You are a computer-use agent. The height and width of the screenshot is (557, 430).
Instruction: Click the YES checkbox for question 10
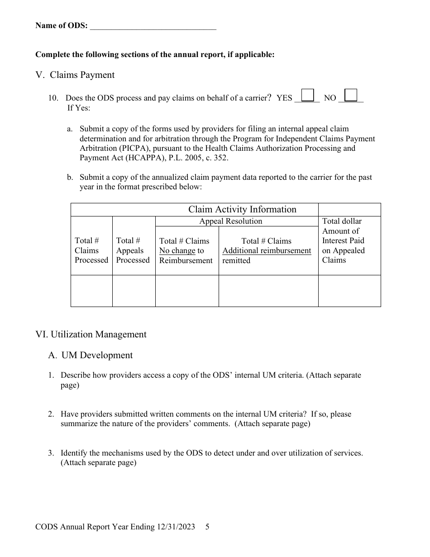308,95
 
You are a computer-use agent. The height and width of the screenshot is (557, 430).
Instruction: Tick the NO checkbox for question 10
351,95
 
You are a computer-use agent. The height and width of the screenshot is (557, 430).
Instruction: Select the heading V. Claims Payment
75,75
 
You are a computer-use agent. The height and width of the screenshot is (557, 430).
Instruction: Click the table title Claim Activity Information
242,209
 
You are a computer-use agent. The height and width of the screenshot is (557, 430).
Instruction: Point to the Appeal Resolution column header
231,221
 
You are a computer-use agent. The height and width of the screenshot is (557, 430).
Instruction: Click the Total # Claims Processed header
91,250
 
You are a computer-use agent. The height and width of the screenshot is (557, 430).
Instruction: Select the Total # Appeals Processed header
133,250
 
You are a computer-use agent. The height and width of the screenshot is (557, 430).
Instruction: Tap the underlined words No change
177,251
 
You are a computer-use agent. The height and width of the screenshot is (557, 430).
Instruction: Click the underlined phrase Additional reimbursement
267,251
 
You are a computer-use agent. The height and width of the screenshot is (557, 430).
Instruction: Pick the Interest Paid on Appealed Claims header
343,240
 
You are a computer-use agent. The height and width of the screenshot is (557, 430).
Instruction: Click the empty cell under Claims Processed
91,291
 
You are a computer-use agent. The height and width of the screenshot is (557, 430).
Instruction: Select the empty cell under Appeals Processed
134,291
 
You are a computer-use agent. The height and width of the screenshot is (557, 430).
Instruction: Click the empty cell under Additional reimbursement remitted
268,291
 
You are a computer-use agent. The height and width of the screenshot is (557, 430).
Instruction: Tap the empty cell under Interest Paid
349,291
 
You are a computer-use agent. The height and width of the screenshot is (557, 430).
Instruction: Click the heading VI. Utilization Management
91,334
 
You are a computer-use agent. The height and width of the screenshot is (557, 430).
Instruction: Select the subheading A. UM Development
91,355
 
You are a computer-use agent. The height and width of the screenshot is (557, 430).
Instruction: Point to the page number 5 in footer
207,527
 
